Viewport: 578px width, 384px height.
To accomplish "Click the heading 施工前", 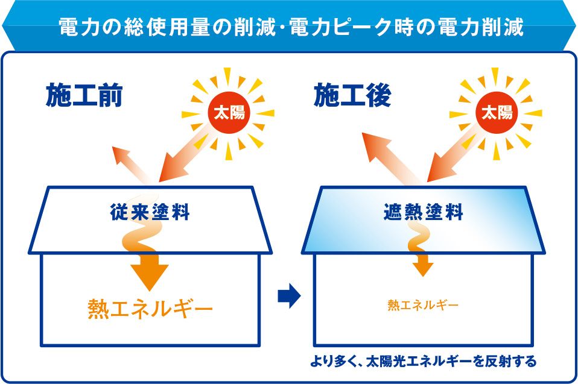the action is coord(84,95).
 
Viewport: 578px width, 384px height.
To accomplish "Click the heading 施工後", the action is coord(352,95).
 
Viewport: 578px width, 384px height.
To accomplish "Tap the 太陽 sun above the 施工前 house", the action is coord(229,113).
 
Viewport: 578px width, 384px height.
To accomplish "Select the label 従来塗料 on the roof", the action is coord(150,212).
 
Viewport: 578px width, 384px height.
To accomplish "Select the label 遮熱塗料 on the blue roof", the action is coord(423,212).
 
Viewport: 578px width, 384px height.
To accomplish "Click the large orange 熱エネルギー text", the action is coord(150,309).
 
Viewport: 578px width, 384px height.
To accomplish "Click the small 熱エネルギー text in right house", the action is coord(423,305).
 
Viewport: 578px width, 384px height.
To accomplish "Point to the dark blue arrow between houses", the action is coord(289,295).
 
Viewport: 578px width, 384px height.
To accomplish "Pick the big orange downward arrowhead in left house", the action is coord(149,272).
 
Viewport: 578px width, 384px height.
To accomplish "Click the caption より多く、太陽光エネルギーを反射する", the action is coord(423,361).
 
